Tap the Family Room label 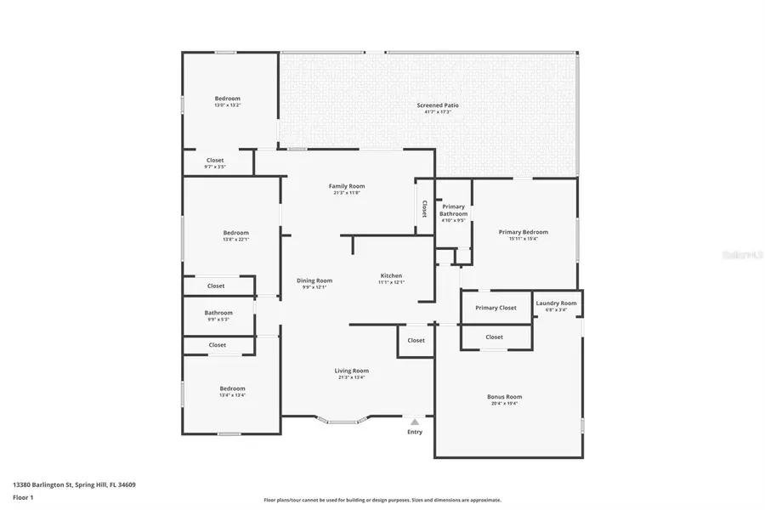click(347, 186)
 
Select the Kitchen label click(391, 276)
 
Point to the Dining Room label click(314, 280)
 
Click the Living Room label click(351, 371)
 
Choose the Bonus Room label click(504, 397)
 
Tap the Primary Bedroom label click(523, 232)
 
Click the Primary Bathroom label click(453, 210)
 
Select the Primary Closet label click(496, 308)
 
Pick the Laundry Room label click(556, 303)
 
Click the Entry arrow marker click(415, 422)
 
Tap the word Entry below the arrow click(415, 433)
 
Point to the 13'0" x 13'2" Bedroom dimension click(227, 105)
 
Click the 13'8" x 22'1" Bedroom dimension click(235, 240)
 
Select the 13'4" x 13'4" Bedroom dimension click(232, 395)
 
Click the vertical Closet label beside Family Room click(424, 208)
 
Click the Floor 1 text click(23, 496)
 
